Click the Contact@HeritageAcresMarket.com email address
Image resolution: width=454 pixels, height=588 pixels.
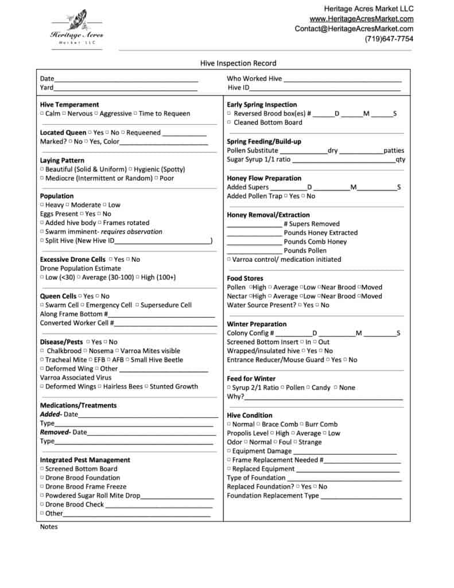click(354, 29)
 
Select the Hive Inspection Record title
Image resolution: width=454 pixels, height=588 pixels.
click(238, 63)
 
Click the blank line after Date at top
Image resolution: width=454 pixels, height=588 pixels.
click(126, 79)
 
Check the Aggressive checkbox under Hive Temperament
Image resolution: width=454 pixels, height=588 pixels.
click(96, 114)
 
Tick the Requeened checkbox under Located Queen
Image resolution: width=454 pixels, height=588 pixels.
click(123, 133)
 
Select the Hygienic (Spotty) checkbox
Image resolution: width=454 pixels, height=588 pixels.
click(130, 169)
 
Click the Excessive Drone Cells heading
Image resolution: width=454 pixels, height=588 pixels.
click(72, 260)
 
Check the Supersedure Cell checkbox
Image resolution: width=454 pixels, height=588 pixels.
click(137, 305)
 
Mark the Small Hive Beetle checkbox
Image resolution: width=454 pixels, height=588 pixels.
click(127, 360)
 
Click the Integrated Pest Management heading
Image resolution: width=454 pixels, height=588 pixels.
click(85, 460)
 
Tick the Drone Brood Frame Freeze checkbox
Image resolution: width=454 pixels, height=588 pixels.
click(42, 487)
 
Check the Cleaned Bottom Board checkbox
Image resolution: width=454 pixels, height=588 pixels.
click(230, 123)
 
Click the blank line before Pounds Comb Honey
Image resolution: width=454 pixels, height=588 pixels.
click(254, 242)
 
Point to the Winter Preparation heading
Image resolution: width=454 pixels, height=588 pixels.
click(257, 324)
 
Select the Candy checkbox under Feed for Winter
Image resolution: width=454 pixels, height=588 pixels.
click(308, 388)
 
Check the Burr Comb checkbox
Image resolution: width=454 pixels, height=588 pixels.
click(301, 424)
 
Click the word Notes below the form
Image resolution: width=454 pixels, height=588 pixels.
click(49, 527)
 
